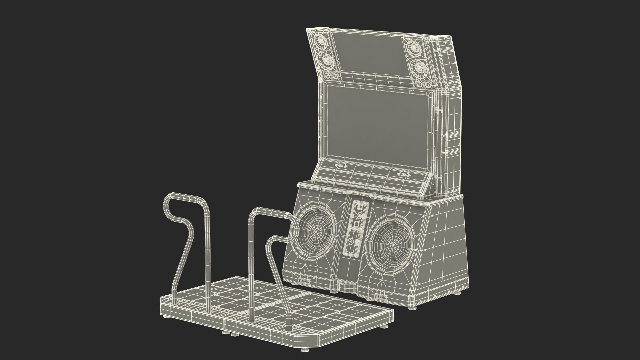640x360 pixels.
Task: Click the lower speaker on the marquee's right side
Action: click(417, 67)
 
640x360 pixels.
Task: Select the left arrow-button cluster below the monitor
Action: click(341, 166)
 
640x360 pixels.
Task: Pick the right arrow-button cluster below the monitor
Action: click(404, 175)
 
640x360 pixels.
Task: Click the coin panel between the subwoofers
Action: click(356, 228)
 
